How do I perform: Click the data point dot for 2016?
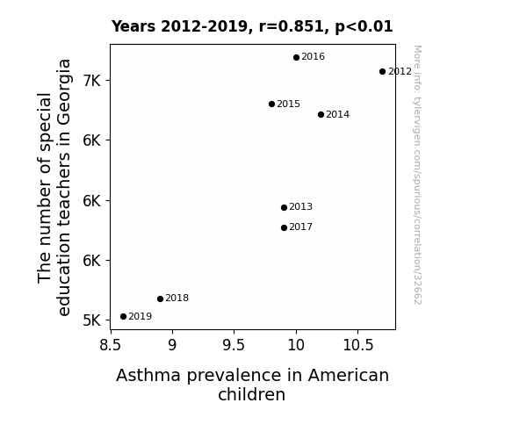296,57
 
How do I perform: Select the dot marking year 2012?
382,71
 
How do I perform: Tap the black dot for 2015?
271,104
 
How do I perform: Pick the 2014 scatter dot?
321,114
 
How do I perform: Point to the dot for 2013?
284,207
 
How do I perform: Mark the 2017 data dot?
284,227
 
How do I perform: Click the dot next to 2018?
160,299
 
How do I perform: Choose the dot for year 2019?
123,317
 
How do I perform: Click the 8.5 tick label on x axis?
111,345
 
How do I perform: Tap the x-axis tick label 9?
172,345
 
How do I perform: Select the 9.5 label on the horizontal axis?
234,345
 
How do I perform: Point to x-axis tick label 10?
296,345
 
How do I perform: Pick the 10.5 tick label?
357,345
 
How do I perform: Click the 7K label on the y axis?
92,81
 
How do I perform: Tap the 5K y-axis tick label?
92,320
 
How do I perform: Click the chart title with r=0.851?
252,26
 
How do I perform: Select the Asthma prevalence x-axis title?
252,385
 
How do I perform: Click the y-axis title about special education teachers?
54,187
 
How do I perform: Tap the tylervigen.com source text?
417,175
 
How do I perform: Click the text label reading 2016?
313,57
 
